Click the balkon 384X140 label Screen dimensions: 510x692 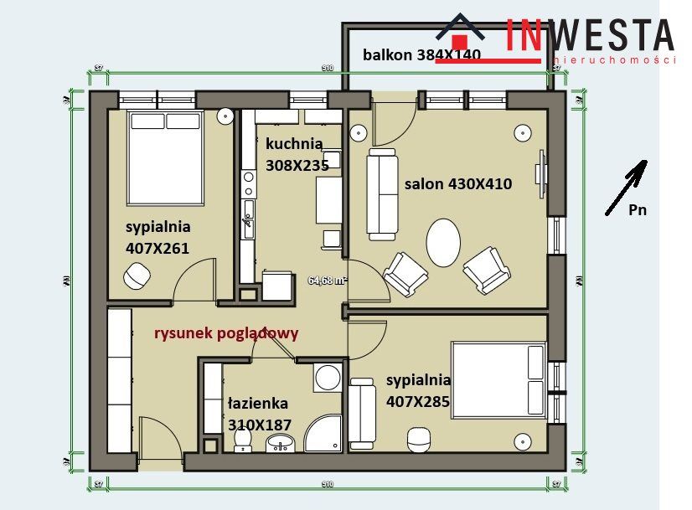pos(421,55)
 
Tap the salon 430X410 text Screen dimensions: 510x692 pos(457,183)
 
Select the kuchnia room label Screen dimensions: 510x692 pos(293,143)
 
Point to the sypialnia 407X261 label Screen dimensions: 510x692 pos(158,237)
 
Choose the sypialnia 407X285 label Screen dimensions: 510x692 pos(418,390)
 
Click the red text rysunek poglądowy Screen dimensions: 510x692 pos(226,332)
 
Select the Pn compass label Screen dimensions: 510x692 pos(638,211)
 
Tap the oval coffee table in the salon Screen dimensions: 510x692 pos(443,243)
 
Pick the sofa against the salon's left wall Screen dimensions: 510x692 pos(382,193)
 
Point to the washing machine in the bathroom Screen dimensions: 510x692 pos(327,377)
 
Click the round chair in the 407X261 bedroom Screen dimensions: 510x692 pos(137,275)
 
